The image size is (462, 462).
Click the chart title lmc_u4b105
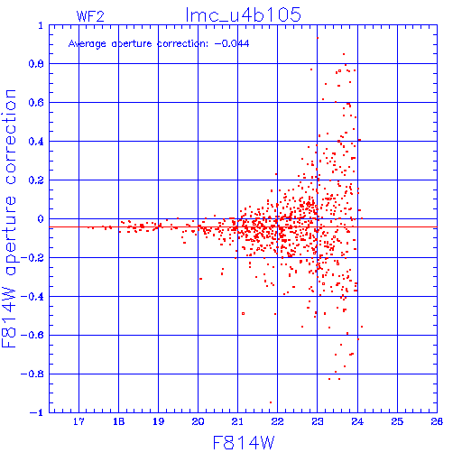pyautogui.click(x=244, y=14)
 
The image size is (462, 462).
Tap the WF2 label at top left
pyautogui.click(x=90, y=16)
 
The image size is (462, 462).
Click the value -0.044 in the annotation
pyautogui.click(x=232, y=43)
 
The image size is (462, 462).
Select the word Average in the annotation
pyautogui.click(x=88, y=44)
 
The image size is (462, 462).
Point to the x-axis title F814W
pyautogui.click(x=244, y=443)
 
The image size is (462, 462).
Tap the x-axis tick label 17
pyautogui.click(x=79, y=421)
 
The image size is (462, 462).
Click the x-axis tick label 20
pyautogui.click(x=198, y=421)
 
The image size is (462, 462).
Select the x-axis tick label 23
pyautogui.click(x=317, y=421)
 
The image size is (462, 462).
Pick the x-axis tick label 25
pyautogui.click(x=397, y=421)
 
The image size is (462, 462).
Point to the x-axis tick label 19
pyautogui.click(x=158, y=421)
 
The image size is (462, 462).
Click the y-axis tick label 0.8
pyautogui.click(x=36, y=64)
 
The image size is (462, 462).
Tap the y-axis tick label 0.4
pyautogui.click(x=36, y=142)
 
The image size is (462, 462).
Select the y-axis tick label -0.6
pyautogui.click(x=32, y=335)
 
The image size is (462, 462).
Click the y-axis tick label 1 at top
pyautogui.click(x=41, y=25)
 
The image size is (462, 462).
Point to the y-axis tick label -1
pyautogui.click(x=37, y=412)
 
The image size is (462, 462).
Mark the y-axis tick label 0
pyautogui.click(x=41, y=219)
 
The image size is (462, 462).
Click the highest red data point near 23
pyautogui.click(x=318, y=38)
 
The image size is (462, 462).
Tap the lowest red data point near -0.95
pyautogui.click(x=271, y=402)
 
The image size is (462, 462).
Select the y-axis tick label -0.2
pyautogui.click(x=32, y=258)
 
